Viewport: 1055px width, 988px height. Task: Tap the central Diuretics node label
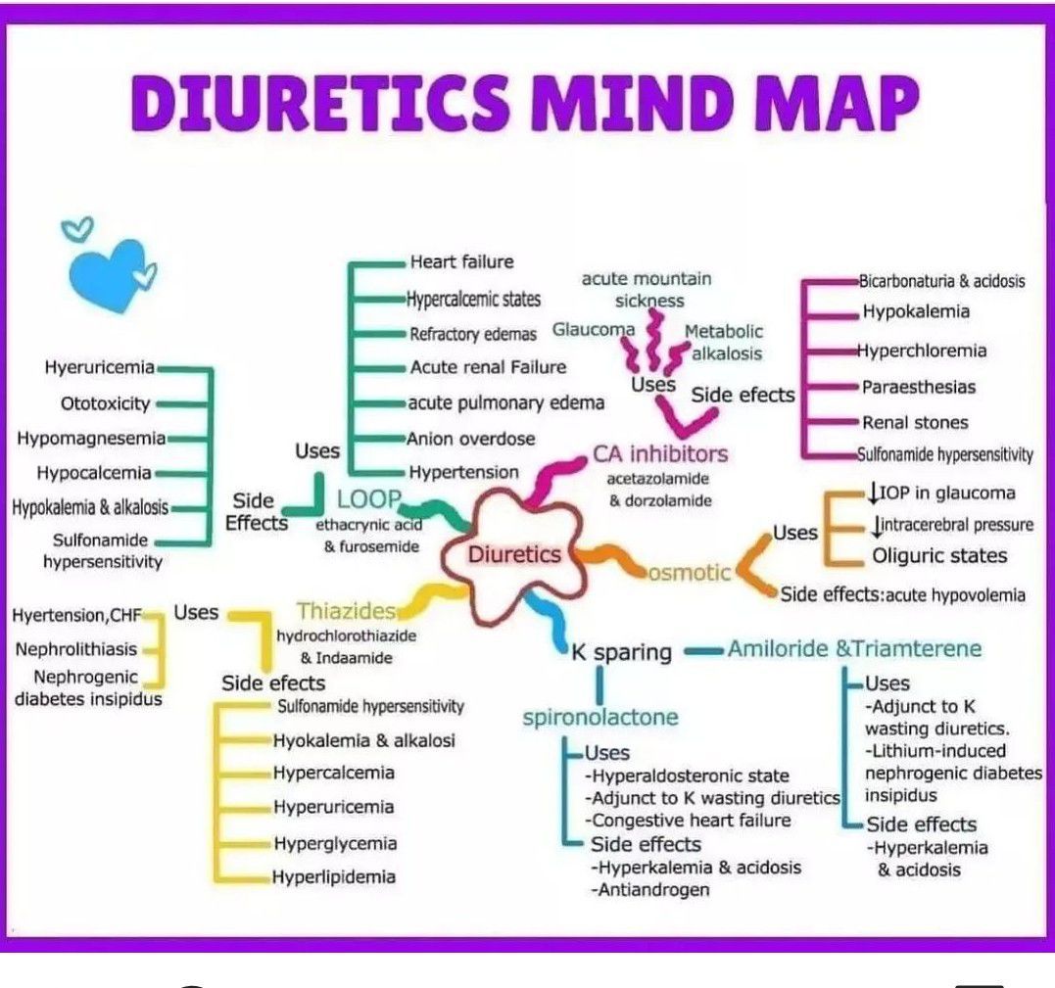tap(514, 554)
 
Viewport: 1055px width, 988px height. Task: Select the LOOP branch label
tap(368, 499)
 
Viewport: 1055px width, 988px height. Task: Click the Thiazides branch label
tap(347, 611)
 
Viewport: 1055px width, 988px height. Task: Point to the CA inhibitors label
tap(660, 454)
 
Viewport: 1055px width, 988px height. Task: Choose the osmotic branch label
tap(689, 573)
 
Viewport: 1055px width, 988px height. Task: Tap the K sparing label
tap(622, 652)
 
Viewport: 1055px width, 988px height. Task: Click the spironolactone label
tap(600, 718)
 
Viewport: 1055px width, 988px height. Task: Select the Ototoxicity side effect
tap(106, 403)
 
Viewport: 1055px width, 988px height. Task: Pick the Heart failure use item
tap(461, 261)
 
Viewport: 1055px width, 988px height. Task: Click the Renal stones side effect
tap(915, 422)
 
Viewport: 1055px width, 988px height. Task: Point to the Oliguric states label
tap(939, 556)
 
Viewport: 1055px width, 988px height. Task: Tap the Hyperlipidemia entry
tap(334, 877)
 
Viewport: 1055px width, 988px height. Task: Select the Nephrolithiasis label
tap(76, 650)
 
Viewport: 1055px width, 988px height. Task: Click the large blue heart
tap(108, 274)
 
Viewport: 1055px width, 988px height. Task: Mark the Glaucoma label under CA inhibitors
tap(594, 330)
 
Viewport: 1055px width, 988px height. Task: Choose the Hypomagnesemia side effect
tap(91, 439)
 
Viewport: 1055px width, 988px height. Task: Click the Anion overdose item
tap(471, 439)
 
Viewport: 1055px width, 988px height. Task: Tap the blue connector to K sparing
tap(549, 620)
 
